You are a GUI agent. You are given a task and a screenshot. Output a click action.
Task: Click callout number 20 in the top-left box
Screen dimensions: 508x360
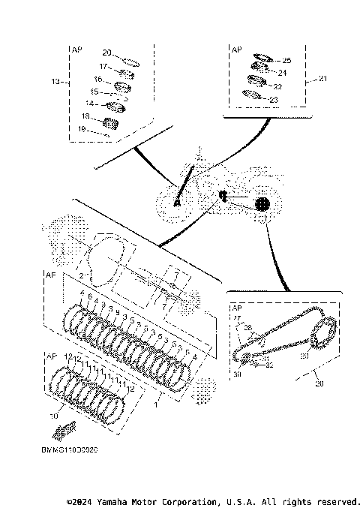pyautogui.click(x=106, y=53)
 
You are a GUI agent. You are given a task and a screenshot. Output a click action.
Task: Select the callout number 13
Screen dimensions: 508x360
pyautogui.click(x=54, y=81)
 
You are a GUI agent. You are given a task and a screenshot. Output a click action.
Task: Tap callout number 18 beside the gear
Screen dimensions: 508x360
pyautogui.click(x=85, y=116)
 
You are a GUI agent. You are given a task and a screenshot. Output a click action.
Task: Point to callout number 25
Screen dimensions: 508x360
pyautogui.click(x=286, y=60)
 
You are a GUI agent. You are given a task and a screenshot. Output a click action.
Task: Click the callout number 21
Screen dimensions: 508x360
pyautogui.click(x=323, y=79)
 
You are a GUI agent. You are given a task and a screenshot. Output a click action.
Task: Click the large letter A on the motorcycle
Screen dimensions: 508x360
pyautogui.click(x=178, y=202)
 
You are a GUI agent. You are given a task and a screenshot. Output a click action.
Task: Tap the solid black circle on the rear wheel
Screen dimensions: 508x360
pyautogui.click(x=261, y=203)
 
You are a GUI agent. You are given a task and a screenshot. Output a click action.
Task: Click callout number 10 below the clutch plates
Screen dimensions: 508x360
pyautogui.click(x=53, y=414)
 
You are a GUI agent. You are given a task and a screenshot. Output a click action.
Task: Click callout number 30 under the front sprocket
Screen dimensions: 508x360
pyautogui.click(x=236, y=374)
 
